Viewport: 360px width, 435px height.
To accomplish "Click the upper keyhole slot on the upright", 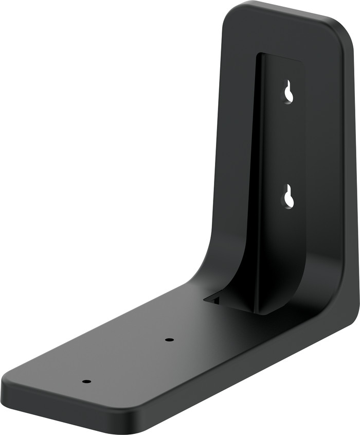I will coord(289,92).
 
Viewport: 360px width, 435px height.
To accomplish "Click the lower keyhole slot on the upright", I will coord(289,197).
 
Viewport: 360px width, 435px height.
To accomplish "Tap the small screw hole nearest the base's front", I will coord(86,381).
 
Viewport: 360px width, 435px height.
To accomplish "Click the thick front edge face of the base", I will coord(67,407).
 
